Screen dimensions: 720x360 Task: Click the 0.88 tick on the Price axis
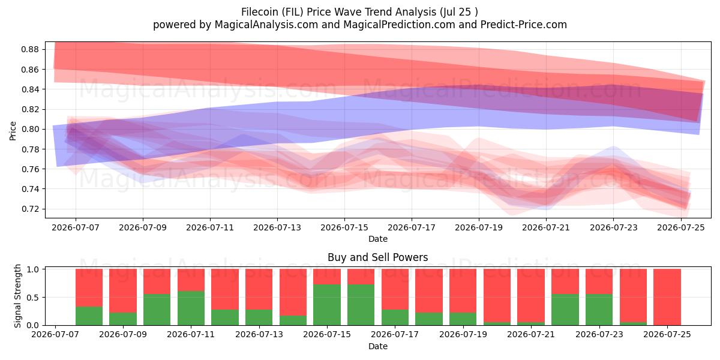coord(30,49)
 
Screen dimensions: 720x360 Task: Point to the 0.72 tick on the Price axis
coord(30,209)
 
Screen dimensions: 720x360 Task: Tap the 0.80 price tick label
coord(30,129)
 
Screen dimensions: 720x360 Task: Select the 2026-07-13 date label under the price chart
coord(277,227)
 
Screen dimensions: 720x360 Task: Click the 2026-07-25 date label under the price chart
coord(681,227)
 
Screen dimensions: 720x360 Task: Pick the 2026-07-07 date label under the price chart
coord(76,227)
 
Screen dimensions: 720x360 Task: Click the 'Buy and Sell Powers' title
coord(377,257)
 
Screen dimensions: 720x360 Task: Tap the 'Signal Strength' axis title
coord(17,296)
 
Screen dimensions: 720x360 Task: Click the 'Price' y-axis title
coord(13,131)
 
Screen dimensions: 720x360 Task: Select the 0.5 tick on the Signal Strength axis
coord(33,298)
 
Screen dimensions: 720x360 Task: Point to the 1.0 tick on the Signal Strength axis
coord(33,269)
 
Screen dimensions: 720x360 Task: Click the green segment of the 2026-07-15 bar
coord(327,305)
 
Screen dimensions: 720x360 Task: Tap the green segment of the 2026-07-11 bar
coord(191,308)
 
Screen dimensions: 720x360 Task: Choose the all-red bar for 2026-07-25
coord(667,297)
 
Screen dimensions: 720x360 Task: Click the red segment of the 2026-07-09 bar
coord(123,290)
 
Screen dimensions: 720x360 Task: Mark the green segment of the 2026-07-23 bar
coord(599,310)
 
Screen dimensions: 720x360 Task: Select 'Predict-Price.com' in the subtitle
coord(524,25)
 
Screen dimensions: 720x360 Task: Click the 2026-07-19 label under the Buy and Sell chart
coord(463,335)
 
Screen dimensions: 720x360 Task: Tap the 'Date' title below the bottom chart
coord(377,346)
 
